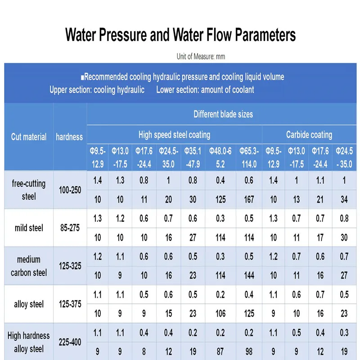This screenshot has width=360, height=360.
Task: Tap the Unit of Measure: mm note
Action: coord(201,57)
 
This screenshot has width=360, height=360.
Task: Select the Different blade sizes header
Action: coord(223,114)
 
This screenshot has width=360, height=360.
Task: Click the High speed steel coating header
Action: coord(174,135)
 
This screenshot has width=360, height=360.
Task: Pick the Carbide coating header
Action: coord(309,135)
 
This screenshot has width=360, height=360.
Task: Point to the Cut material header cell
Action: coord(29,137)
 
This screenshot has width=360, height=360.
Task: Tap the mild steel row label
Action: coord(29,228)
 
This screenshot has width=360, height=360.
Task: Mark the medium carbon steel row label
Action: coord(29,266)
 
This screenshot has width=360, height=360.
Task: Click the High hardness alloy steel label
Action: coord(29,342)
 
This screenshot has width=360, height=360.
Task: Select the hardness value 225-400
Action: coord(70,342)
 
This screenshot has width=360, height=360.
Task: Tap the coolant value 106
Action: coord(220,314)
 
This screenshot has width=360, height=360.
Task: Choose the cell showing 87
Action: coord(220,352)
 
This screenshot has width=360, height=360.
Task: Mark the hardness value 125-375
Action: coord(70,304)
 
